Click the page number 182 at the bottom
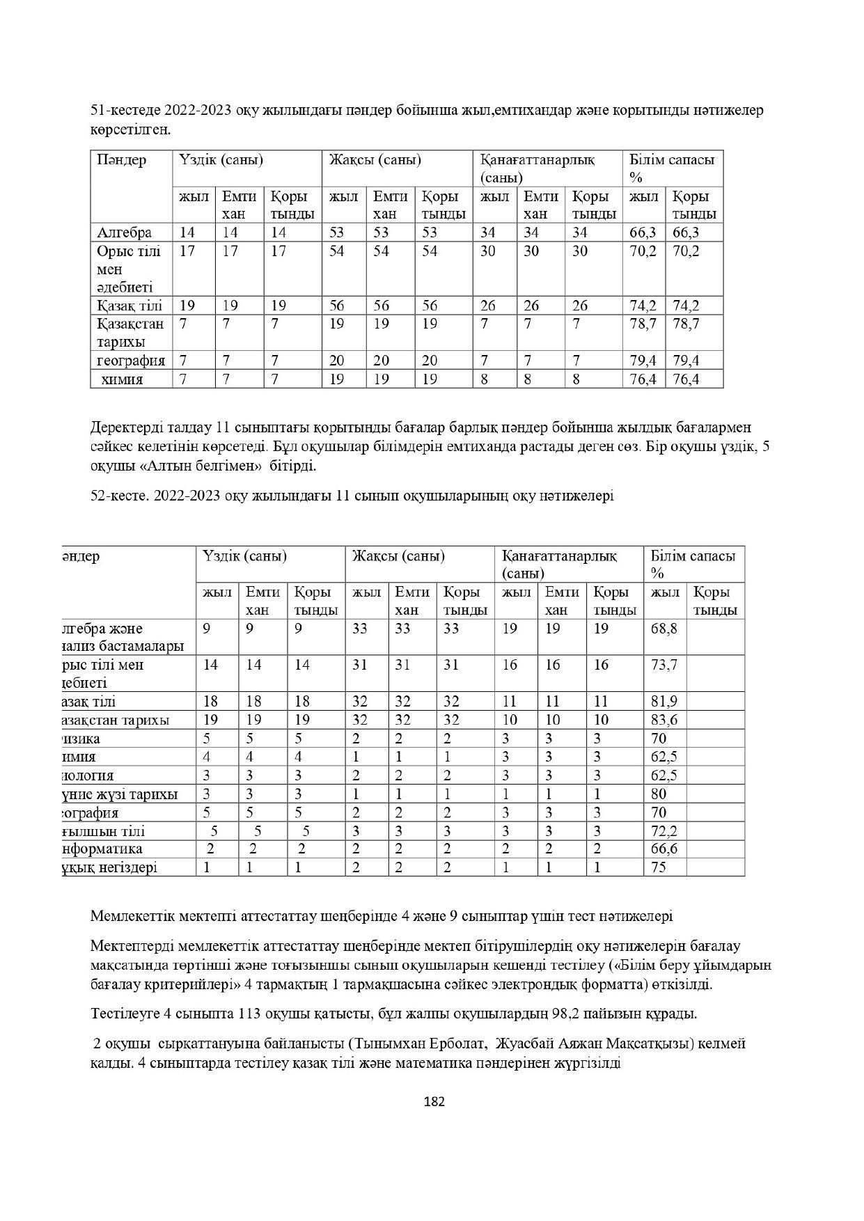point(434,1101)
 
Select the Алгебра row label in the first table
point(124,233)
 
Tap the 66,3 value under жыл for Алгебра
point(643,233)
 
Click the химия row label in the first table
point(122,379)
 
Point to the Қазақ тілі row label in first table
point(129,306)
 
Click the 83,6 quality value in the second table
point(663,720)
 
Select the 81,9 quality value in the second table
point(663,701)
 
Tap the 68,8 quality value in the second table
point(663,629)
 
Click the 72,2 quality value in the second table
point(663,831)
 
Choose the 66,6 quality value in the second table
point(663,849)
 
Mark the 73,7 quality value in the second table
point(663,665)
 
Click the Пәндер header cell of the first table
point(122,160)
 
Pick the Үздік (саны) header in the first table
point(221,160)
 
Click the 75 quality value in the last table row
point(658,867)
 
